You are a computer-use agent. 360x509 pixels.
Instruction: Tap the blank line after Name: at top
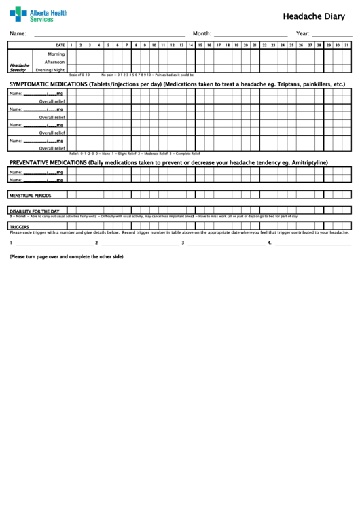tap(109, 34)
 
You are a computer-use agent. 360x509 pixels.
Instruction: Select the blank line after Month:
tap(251, 34)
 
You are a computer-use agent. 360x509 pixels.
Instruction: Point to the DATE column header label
tap(60, 45)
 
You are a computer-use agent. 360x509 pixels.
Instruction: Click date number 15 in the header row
tap(200, 45)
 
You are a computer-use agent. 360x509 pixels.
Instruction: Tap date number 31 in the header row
tap(347, 45)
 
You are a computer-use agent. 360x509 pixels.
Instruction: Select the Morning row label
tap(56, 54)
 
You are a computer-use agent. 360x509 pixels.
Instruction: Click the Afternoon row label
tap(54, 62)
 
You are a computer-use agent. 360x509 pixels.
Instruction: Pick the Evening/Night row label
tap(50, 69)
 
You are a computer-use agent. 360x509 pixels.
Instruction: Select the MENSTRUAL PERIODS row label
tap(30, 195)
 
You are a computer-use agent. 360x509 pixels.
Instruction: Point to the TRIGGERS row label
tap(19, 226)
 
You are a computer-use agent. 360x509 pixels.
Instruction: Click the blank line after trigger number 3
tap(224, 243)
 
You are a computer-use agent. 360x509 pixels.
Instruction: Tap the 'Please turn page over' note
tap(66, 257)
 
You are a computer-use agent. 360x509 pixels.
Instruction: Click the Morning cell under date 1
tap(71, 54)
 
